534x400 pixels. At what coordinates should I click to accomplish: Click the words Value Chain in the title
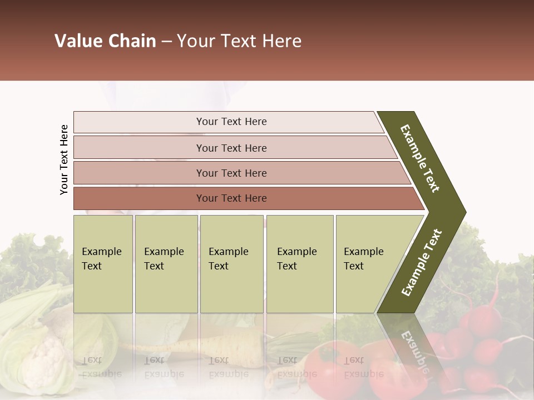click(105, 41)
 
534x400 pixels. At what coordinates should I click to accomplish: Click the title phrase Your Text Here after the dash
click(239, 41)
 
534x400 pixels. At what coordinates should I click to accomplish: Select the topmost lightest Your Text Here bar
click(231, 122)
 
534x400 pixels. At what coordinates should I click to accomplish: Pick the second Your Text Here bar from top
click(231, 148)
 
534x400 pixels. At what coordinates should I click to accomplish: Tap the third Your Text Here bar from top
click(231, 173)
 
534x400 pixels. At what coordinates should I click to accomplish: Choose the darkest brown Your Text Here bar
click(231, 198)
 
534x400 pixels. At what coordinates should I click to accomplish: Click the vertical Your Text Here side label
click(64, 159)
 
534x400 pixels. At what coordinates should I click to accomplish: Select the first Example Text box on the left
click(103, 263)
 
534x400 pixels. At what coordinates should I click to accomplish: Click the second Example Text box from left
click(166, 263)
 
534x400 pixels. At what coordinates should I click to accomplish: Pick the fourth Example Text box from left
click(300, 263)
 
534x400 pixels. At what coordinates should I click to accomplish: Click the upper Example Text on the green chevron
click(420, 159)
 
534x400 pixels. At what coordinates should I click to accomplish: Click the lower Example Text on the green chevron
click(421, 263)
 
